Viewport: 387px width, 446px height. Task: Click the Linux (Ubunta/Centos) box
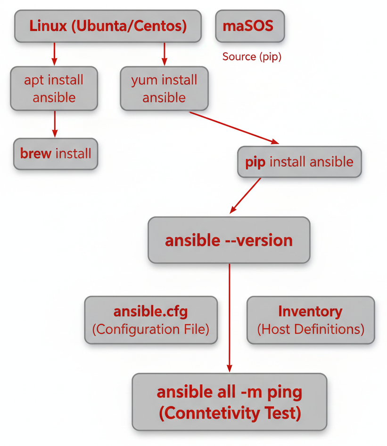coord(108,26)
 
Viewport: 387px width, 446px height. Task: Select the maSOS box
coord(250,26)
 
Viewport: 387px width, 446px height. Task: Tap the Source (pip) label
coord(252,57)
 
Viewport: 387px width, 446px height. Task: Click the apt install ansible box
coord(54,88)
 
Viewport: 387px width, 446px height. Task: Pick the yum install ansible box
coord(164,88)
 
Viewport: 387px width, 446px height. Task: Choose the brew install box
coord(56,153)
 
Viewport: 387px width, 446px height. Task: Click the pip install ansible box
coord(299,162)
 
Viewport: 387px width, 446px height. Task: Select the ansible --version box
coord(229,240)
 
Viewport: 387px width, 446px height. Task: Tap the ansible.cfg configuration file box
coord(151,320)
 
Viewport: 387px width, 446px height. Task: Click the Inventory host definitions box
coord(310,320)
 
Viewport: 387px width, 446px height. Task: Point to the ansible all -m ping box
coord(229,401)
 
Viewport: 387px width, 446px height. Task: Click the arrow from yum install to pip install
coord(233,127)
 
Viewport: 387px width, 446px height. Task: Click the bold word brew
coord(36,153)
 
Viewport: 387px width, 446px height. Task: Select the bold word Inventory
coord(310,311)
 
